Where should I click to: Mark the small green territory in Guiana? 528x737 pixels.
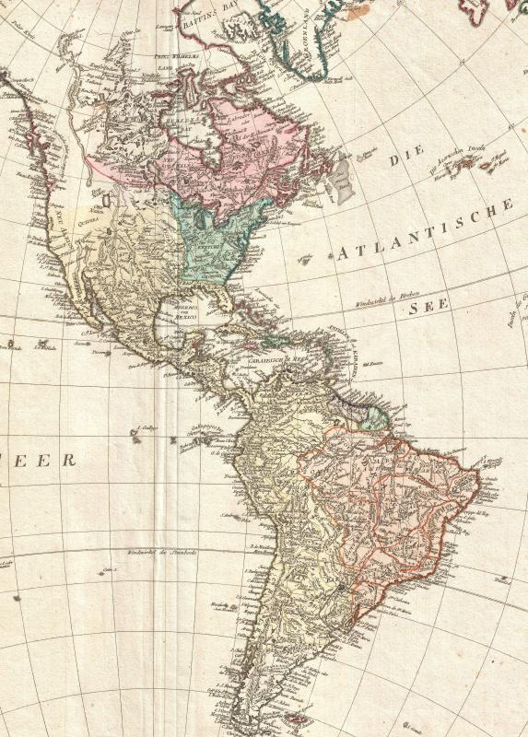[373, 419]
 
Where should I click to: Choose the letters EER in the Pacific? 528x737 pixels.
[55, 460]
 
